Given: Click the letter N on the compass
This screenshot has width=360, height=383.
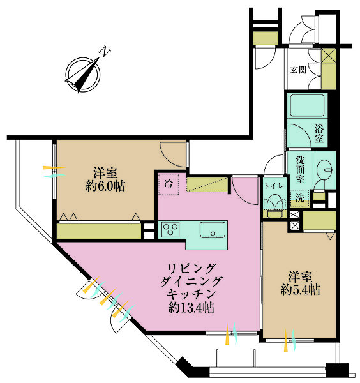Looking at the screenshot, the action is click(x=105, y=51).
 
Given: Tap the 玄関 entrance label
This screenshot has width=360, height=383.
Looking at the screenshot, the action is click(x=298, y=70).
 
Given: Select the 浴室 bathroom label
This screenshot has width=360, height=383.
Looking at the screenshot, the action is click(x=319, y=133).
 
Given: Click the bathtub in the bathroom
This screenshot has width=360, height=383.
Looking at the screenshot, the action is click(x=307, y=105).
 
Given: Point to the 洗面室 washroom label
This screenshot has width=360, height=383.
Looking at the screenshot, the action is click(x=301, y=170).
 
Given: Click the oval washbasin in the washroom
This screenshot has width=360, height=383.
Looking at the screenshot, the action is click(x=325, y=170).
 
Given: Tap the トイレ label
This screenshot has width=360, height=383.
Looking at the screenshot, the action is click(x=274, y=186).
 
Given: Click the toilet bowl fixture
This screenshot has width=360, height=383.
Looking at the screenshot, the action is click(x=274, y=205).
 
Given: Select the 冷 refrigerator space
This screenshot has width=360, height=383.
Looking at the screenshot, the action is click(x=169, y=184).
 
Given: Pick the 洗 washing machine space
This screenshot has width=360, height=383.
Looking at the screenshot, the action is click(x=299, y=198).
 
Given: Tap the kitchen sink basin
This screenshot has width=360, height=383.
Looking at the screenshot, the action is click(x=213, y=229).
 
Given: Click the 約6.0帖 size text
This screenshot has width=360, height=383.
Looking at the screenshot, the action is click(x=105, y=186).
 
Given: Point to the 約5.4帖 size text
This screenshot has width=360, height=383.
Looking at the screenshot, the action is click(x=301, y=290).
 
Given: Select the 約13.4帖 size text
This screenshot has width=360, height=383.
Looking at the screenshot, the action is click(x=191, y=308).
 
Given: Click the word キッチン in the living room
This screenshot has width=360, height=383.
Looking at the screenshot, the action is click(x=191, y=294).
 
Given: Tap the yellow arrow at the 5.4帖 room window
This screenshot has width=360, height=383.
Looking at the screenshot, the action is click(x=285, y=340).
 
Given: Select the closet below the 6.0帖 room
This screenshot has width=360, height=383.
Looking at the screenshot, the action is click(x=99, y=231).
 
